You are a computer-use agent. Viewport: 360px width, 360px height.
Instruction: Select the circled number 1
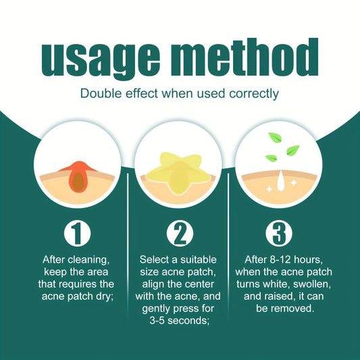coord(77,234)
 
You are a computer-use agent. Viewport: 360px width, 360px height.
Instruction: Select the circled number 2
coord(180,234)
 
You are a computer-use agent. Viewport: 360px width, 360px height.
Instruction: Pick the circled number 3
coord(279,234)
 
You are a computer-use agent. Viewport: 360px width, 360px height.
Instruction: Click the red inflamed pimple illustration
coord(78,176)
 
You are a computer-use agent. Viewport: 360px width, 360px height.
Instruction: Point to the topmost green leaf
coord(275,138)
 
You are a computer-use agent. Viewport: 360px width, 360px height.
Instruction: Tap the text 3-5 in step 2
coord(157,321)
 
